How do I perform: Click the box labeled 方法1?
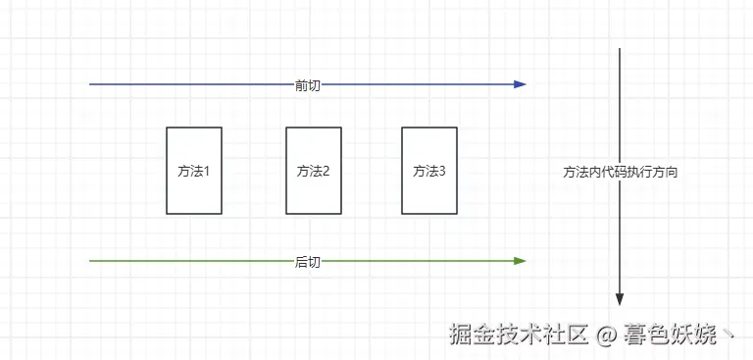point(194,171)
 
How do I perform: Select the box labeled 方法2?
point(314,171)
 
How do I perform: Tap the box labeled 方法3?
point(429,171)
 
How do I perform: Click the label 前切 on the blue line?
point(307,86)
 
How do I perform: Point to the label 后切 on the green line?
point(307,263)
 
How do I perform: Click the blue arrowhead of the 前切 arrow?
point(520,84)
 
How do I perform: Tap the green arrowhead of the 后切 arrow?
point(520,261)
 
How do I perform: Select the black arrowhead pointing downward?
point(620,299)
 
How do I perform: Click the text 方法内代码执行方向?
point(620,173)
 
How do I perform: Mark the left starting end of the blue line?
point(90,84)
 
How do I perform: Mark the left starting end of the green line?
point(90,261)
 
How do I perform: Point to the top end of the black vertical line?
point(620,48)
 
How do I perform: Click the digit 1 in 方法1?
point(207,171)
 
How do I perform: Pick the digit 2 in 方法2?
point(326,171)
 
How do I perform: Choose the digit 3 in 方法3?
point(442,171)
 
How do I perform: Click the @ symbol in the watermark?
point(606,334)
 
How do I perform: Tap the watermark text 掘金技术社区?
point(519,334)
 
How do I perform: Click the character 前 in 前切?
point(301,86)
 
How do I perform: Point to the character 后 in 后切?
point(301,263)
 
